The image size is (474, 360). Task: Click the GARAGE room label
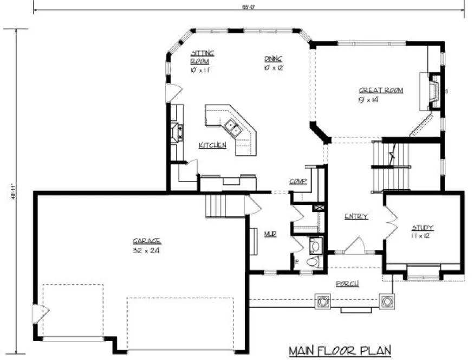[x=147, y=241]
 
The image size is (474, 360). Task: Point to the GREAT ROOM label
[x=381, y=91]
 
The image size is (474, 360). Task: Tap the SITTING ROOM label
[x=202, y=57]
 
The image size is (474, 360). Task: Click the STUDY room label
[x=422, y=228]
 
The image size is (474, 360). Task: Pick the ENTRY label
[x=356, y=216]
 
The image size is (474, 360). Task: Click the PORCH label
[x=346, y=284]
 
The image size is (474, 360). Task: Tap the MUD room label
[x=270, y=234]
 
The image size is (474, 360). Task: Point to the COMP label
[x=297, y=182]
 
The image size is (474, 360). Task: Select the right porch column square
[x=387, y=301]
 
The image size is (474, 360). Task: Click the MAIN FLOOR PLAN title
[x=339, y=350]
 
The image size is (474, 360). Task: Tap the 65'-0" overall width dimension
[x=248, y=7]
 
